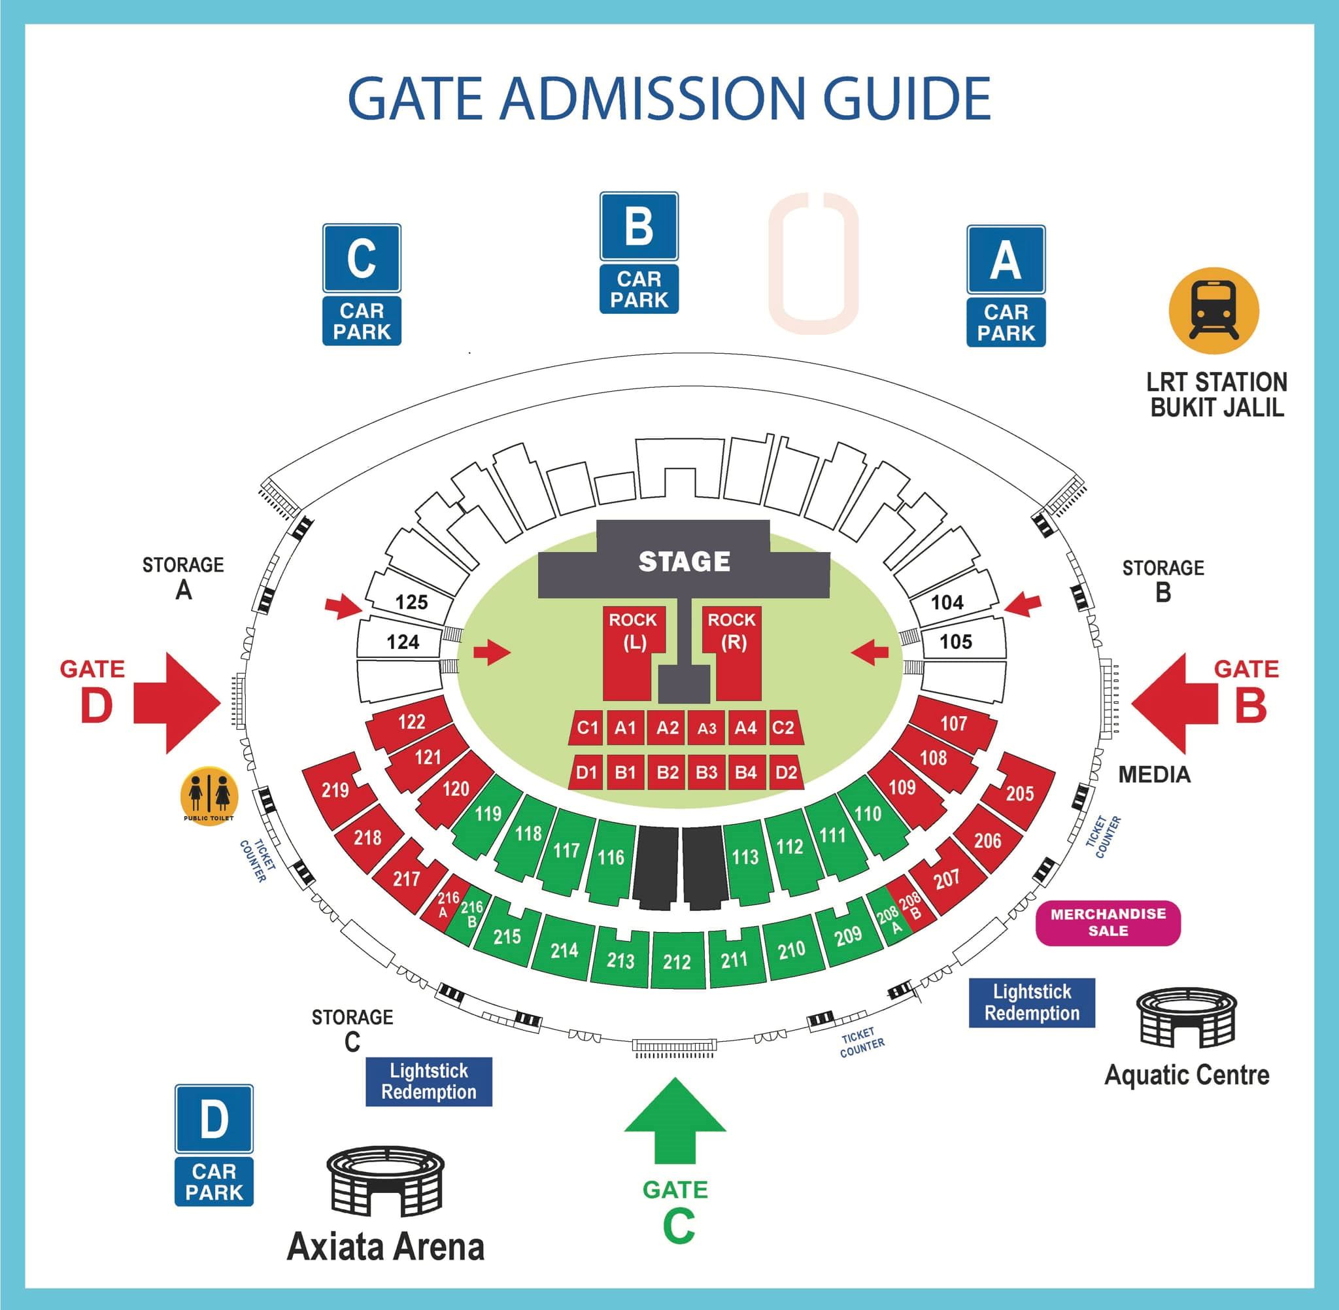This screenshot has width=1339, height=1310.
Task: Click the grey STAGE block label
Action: [684, 561]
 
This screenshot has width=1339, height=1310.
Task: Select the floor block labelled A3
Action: [706, 728]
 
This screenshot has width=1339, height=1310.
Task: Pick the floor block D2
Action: [785, 772]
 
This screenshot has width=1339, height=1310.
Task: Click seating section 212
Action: [677, 961]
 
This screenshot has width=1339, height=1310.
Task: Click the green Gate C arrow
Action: [675, 1120]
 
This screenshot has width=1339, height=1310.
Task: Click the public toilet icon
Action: [209, 795]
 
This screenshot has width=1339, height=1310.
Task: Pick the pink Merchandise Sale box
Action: [1108, 923]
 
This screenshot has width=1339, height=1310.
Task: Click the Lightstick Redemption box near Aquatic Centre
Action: [1032, 1003]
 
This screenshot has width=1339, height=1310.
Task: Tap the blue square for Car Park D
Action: [214, 1119]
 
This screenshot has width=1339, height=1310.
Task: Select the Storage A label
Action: [183, 577]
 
